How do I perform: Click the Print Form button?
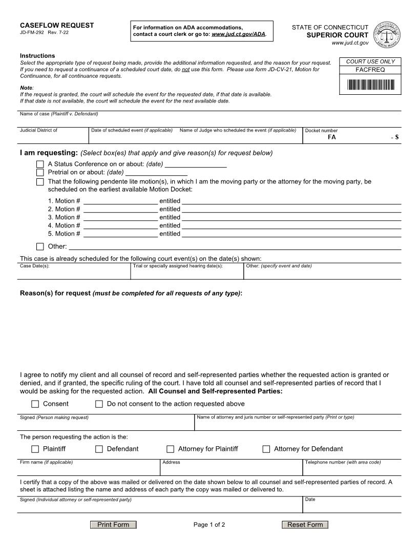click(x=113, y=525)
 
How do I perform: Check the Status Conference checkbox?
click(x=40, y=164)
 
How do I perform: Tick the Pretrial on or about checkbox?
click(x=40, y=173)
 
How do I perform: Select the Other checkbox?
click(x=40, y=246)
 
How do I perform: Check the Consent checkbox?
click(x=35, y=404)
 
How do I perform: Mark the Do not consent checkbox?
click(x=99, y=404)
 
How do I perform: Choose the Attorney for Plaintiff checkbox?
click(x=171, y=449)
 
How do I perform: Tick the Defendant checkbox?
click(x=99, y=449)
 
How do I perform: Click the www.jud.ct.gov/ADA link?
click(x=238, y=34)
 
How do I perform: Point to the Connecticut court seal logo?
click(x=388, y=34)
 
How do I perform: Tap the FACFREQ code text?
click(x=370, y=70)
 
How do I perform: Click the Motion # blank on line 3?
click(x=120, y=217)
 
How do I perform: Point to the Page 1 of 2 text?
click(x=209, y=525)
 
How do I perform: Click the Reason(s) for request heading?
click(x=131, y=293)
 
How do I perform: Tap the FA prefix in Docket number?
click(x=332, y=137)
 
